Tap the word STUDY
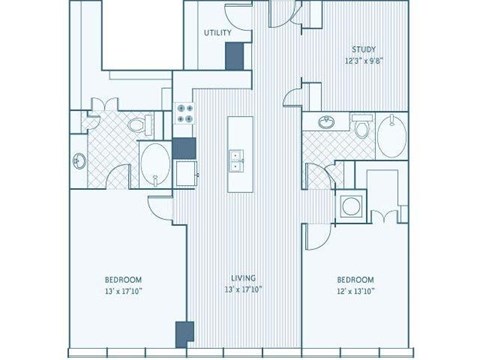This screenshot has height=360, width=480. tap(362, 50)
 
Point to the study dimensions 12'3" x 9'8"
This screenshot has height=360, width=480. tap(362, 61)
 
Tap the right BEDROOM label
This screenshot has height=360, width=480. tap(355, 279)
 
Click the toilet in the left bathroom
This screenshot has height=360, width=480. tap(144, 124)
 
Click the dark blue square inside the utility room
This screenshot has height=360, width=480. tap(234, 57)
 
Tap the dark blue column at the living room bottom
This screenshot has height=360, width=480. tap(183, 336)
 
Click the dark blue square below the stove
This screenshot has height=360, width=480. tap(183, 148)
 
